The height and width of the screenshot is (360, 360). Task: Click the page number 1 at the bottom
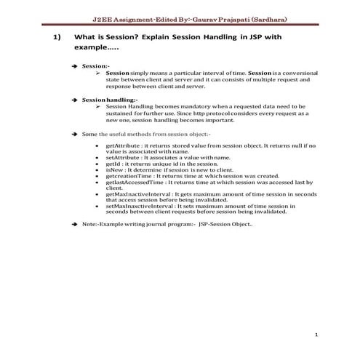[318, 335]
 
